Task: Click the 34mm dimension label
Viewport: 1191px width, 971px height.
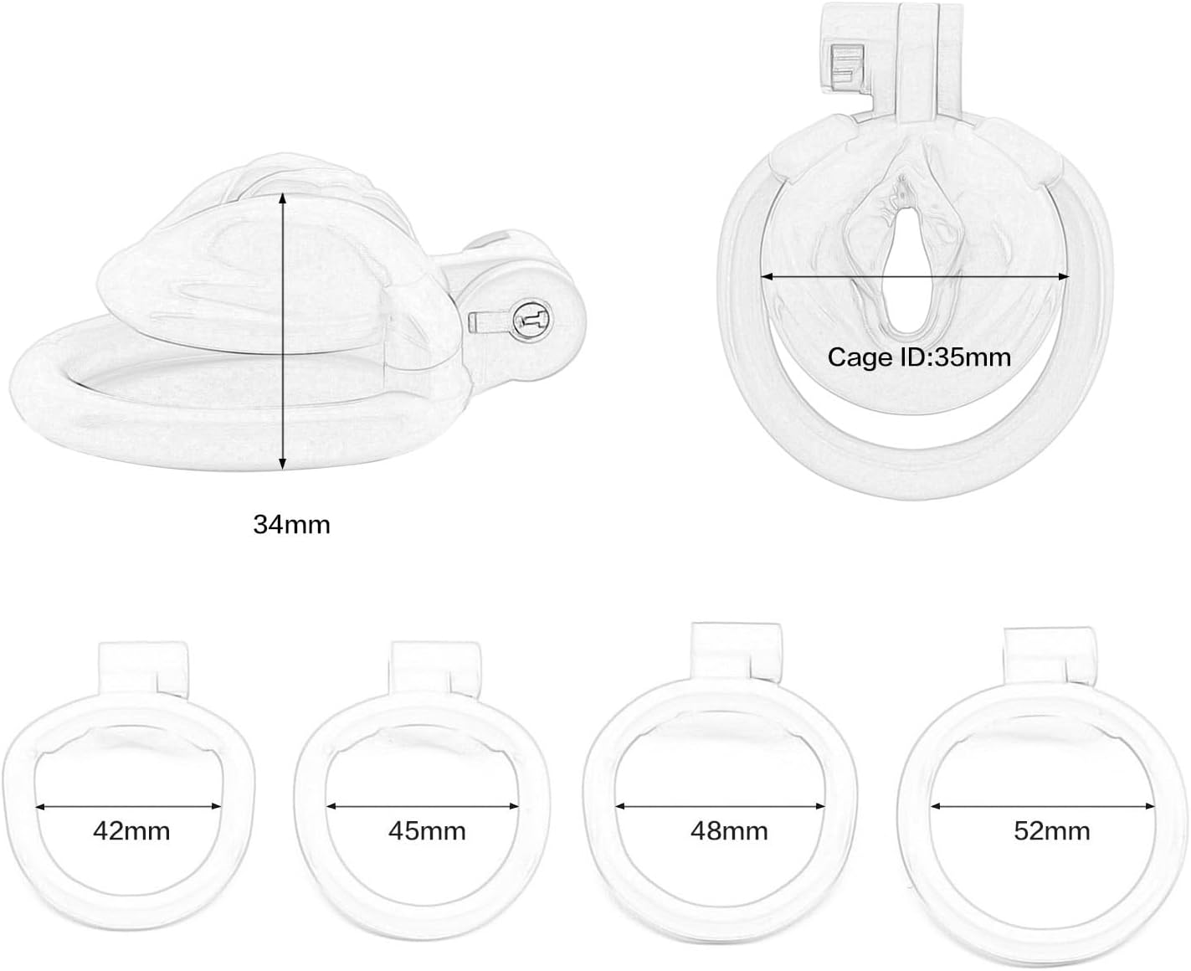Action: pyautogui.click(x=291, y=525)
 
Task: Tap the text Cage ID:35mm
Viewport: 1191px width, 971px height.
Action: pyautogui.click(x=919, y=357)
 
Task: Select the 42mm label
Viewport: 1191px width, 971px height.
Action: pyautogui.click(x=131, y=831)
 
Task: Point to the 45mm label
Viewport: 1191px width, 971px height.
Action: pyautogui.click(x=427, y=831)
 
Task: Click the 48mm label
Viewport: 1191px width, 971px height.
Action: pyautogui.click(x=729, y=831)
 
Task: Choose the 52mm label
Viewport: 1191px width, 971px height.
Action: pyautogui.click(x=1051, y=831)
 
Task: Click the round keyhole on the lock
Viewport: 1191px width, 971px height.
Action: pyautogui.click(x=532, y=321)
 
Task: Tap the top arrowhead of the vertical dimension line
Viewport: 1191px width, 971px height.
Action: pyautogui.click(x=283, y=198)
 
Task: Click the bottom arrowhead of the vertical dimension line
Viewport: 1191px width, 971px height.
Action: pyautogui.click(x=283, y=464)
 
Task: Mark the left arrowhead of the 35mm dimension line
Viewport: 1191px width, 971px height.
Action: pyautogui.click(x=767, y=277)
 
